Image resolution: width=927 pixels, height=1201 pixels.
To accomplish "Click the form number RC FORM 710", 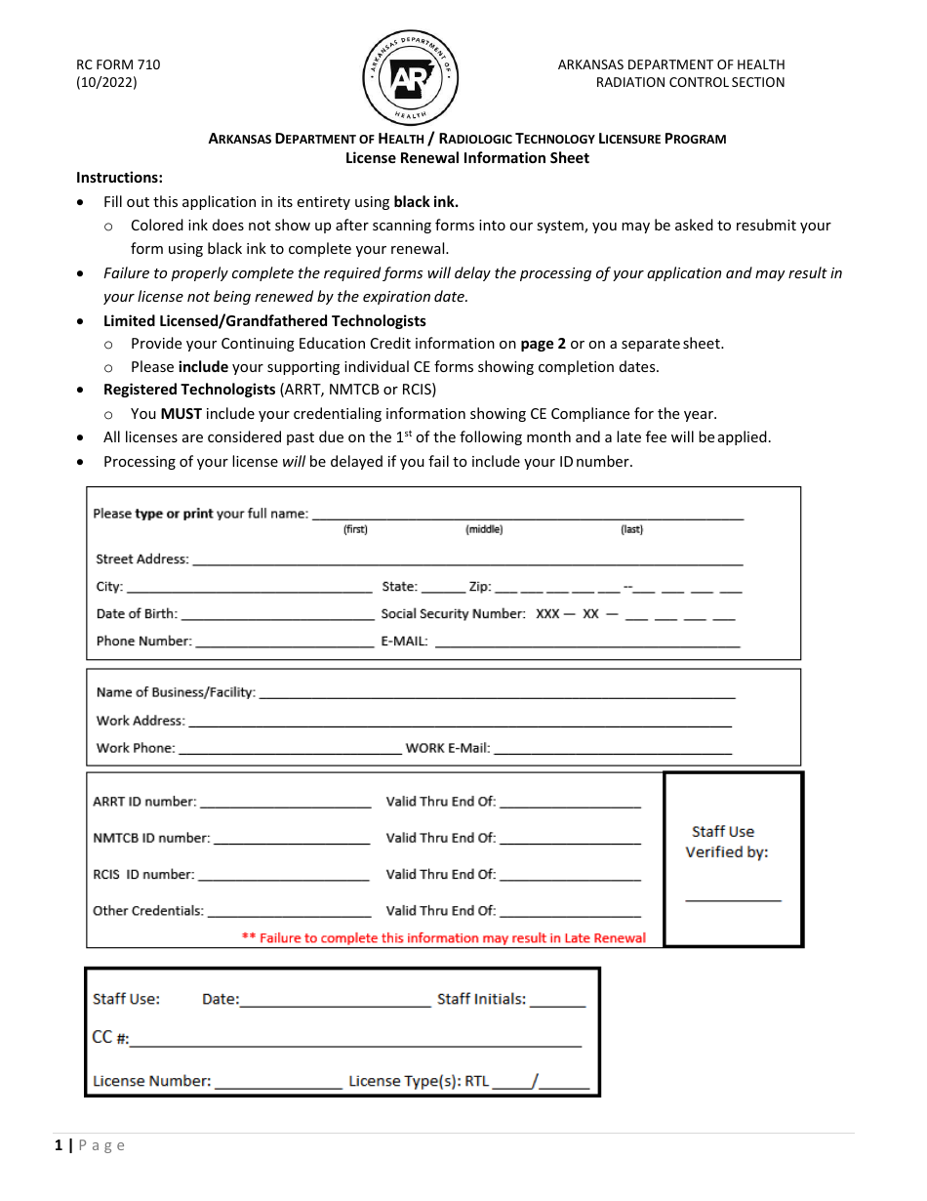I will point(118,64).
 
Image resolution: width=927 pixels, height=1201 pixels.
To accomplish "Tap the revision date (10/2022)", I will point(106,82).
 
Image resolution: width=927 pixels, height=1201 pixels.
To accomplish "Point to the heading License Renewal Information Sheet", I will point(467,157).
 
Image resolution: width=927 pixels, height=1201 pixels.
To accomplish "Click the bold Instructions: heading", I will point(120,178).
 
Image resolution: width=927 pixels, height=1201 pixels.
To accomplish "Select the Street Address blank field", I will point(466,560).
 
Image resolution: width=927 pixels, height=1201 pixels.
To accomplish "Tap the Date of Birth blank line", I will point(277,615).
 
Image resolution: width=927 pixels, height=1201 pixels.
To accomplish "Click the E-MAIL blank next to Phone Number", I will point(585,642).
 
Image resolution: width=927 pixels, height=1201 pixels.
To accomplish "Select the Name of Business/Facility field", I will point(497,693).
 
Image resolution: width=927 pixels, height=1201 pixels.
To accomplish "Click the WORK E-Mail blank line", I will point(613,749).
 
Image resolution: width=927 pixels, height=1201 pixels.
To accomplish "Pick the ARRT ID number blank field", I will point(285,803).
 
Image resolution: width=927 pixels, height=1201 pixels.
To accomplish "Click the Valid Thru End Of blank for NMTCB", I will point(570,839).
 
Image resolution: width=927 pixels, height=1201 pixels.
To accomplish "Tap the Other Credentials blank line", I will point(290,912).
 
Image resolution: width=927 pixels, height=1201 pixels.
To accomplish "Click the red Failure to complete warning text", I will point(444,938).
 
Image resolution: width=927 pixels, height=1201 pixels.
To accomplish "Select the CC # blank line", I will point(355,1041).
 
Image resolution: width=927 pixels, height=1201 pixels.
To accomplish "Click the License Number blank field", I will point(278,1083).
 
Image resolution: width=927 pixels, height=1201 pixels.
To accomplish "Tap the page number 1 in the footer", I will point(59,1145).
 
